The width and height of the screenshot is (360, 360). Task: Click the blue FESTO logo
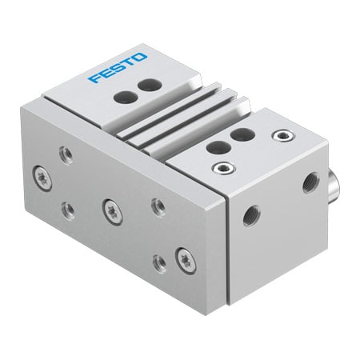point(118,68)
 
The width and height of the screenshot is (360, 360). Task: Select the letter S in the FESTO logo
point(117,68)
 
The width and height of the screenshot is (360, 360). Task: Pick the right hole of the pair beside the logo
point(146,85)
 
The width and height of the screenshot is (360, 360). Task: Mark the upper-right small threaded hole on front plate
point(158,206)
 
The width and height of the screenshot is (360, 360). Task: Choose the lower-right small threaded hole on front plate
point(158,263)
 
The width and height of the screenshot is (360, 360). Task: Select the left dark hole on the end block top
point(214,146)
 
